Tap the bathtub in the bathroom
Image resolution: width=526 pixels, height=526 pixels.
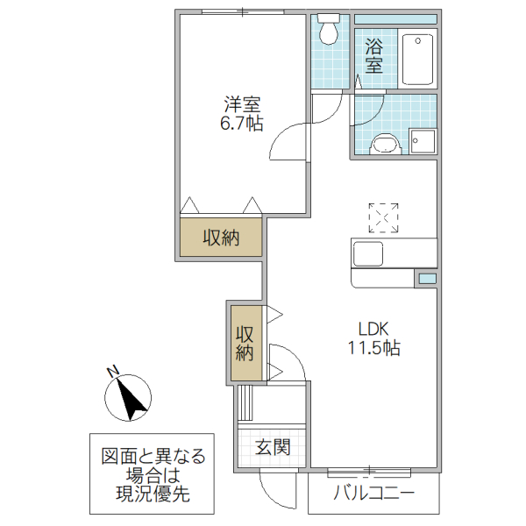(x=419, y=60)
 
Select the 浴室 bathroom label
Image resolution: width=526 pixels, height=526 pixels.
(x=374, y=54)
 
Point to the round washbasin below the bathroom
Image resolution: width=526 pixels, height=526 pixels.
(x=383, y=142)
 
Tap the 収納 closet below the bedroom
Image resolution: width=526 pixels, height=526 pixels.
(x=221, y=238)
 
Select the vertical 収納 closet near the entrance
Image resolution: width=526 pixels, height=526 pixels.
(x=245, y=343)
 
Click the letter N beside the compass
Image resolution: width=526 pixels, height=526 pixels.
(x=112, y=371)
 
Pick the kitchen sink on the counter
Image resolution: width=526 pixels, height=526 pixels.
(x=368, y=253)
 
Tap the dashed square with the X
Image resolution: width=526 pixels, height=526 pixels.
(x=383, y=217)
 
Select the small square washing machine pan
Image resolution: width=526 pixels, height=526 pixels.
(x=423, y=141)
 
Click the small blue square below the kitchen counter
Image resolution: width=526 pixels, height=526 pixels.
(x=425, y=278)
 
